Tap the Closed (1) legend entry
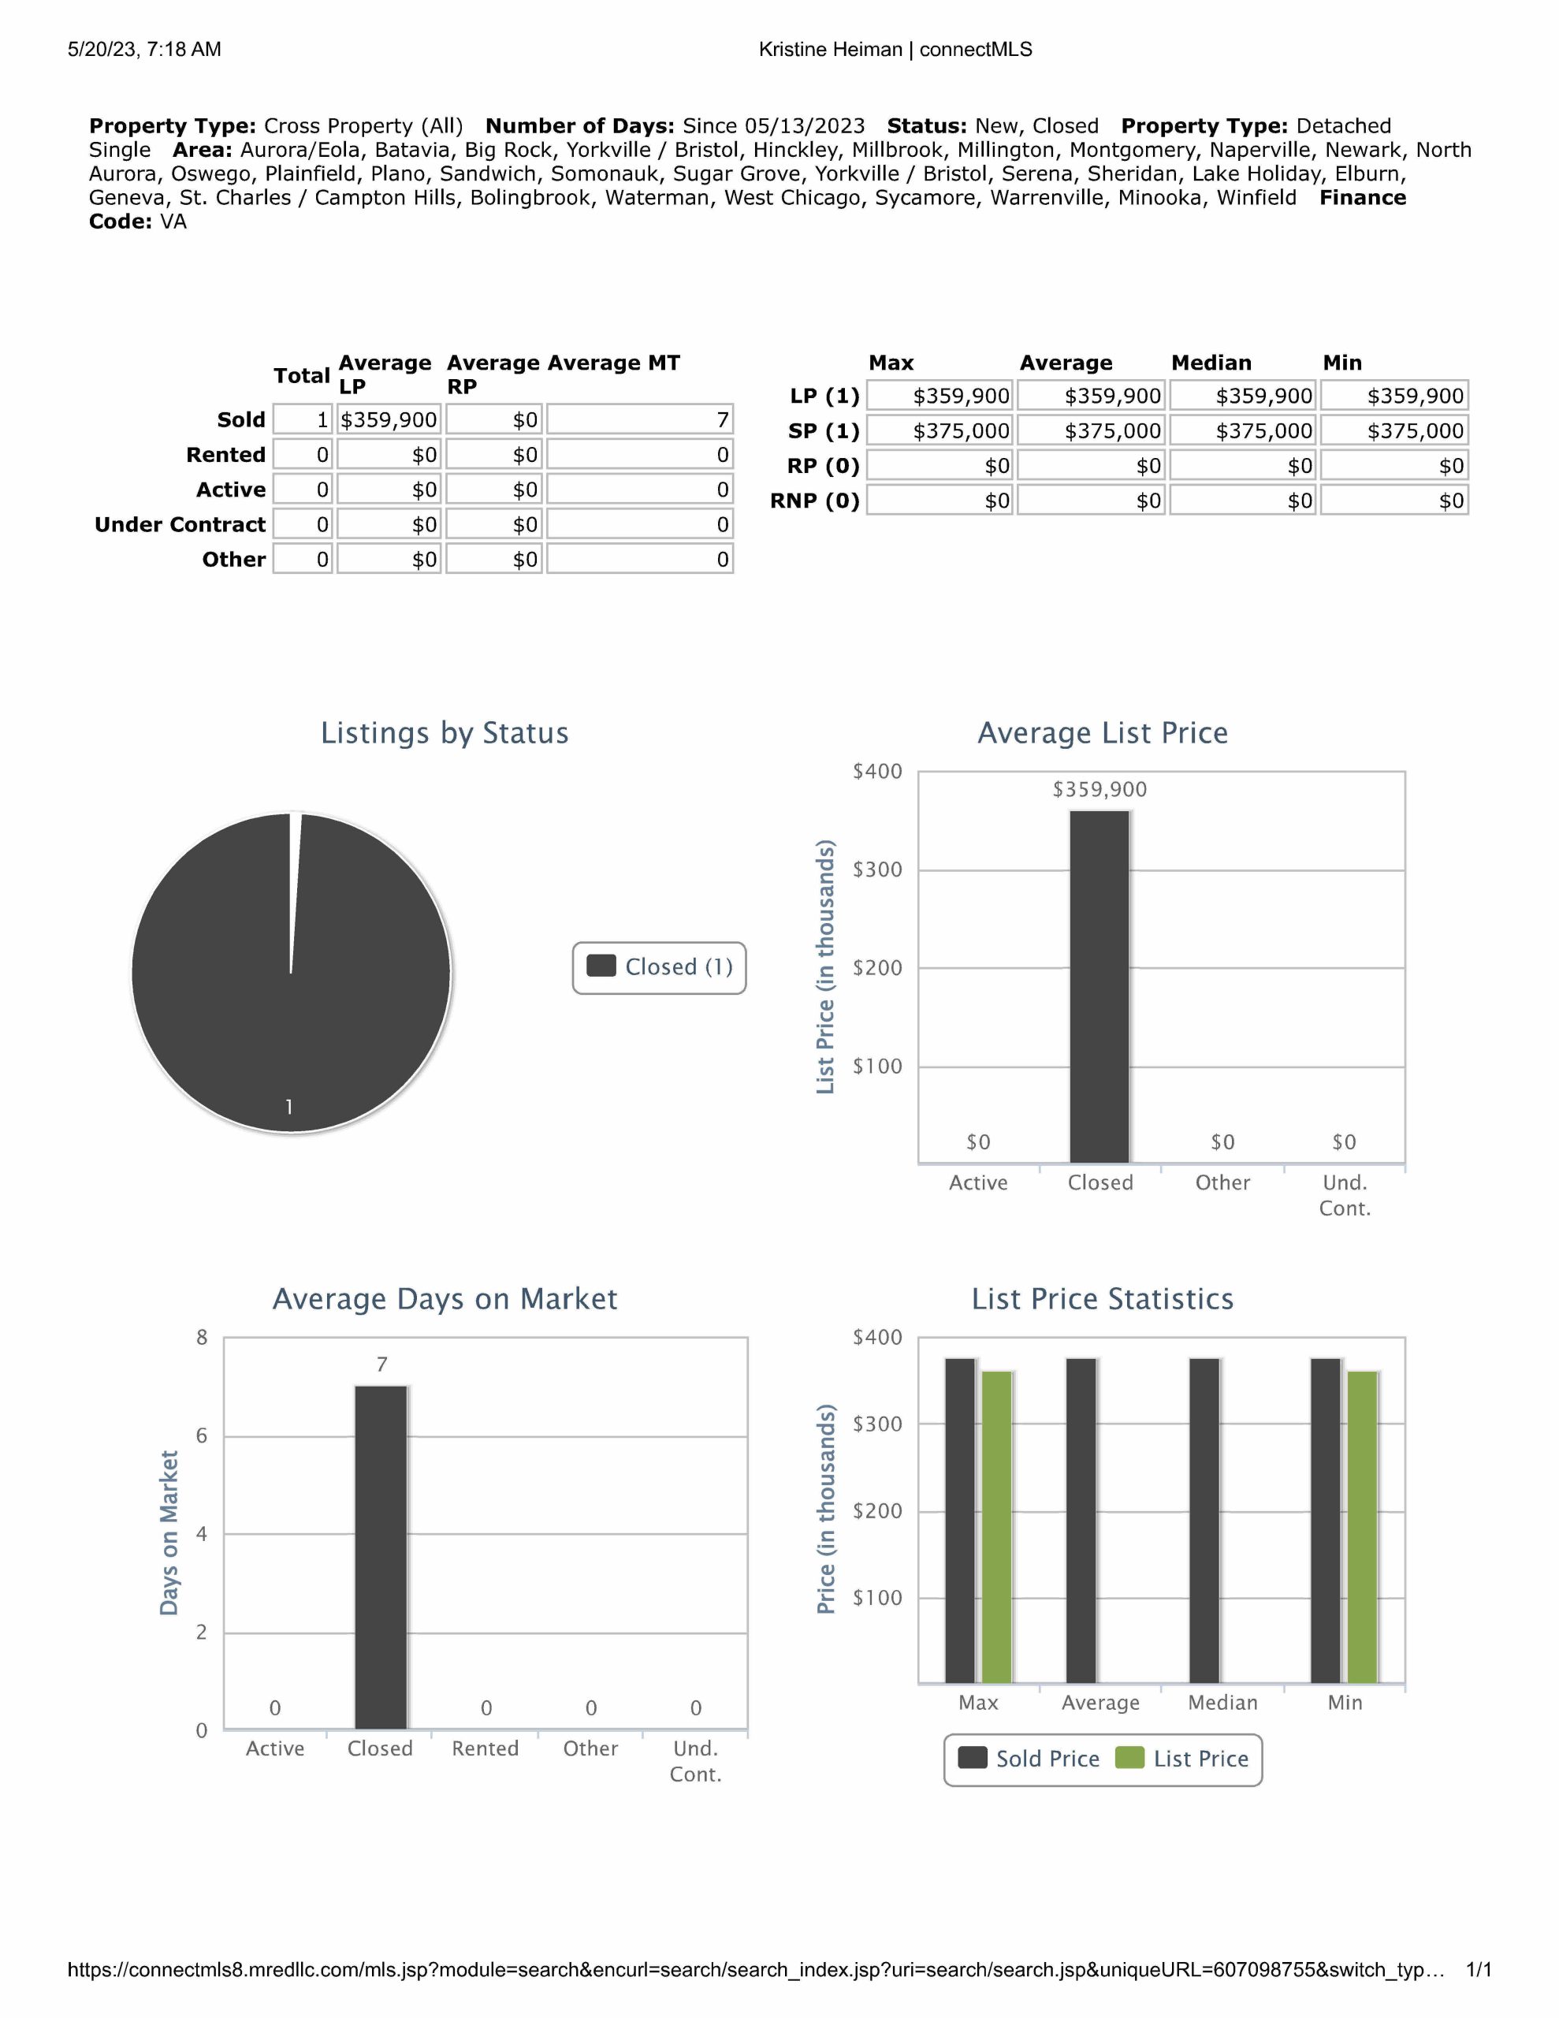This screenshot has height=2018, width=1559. pos(660,967)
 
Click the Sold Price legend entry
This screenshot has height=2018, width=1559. pos(1029,1759)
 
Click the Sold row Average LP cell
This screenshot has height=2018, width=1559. pos(389,420)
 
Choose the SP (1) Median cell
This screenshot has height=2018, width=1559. pos(1243,430)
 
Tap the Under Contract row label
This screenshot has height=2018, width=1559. pos(180,525)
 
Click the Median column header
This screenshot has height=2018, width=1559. pos(1211,363)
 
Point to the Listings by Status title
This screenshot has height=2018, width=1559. pos(445,733)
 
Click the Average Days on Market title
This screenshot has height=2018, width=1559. pos(445,1299)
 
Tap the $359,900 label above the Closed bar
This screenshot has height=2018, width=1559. pos(1099,790)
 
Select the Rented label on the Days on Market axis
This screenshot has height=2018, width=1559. pos(486,1748)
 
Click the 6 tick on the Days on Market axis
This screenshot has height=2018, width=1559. pos(202,1436)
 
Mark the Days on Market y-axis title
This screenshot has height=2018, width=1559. pos(169,1533)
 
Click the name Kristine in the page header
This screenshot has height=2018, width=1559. pos(792,50)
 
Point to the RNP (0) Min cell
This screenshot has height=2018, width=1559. pos(1394,501)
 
